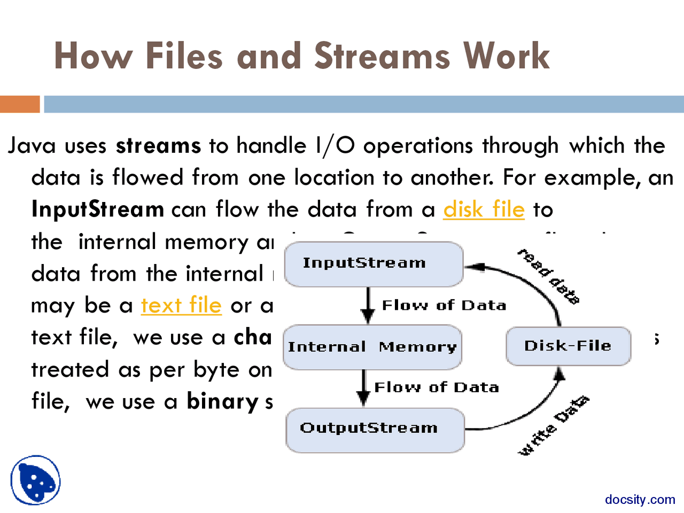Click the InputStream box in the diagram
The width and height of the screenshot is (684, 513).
[x=374, y=263]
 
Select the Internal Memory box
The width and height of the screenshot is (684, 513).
[x=372, y=347]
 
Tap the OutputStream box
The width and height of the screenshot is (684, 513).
[x=375, y=430]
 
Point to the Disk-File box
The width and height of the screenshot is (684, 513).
[x=568, y=346]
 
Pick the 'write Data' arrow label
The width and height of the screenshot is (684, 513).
[x=554, y=425]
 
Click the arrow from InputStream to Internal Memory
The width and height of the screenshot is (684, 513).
[x=368, y=305]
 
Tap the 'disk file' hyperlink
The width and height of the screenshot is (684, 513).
[x=484, y=209]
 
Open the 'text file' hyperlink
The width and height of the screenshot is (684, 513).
[x=181, y=306]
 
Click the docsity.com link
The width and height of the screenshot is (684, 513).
[x=640, y=500]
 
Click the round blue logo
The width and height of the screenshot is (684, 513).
[x=35, y=480]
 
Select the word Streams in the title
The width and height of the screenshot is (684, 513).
[x=382, y=56]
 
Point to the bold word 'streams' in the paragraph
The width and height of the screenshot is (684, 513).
[x=159, y=146]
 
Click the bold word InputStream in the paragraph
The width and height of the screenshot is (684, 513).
[x=98, y=209]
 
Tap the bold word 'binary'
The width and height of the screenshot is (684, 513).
[x=222, y=402]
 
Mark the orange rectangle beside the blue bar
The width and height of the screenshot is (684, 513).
[x=20, y=104]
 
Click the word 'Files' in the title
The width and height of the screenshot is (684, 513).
[x=184, y=56]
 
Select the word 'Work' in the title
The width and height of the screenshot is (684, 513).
[x=506, y=56]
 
